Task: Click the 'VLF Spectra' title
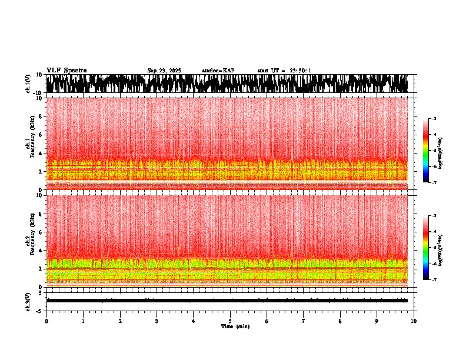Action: pyautogui.click(x=66, y=70)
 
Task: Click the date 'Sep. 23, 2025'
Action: pyautogui.click(x=164, y=71)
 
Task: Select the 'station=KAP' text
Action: pyautogui.click(x=218, y=71)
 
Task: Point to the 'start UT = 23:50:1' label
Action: pyautogui.click(x=284, y=71)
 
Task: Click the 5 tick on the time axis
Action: pyautogui.click(x=230, y=321)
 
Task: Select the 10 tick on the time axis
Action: pyautogui.click(x=414, y=321)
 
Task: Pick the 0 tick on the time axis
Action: pyautogui.click(x=46, y=321)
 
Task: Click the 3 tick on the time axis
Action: pyautogui.click(x=157, y=321)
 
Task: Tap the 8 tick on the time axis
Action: pyautogui.click(x=340, y=321)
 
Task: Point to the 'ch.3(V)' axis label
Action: pyautogui.click(x=28, y=301)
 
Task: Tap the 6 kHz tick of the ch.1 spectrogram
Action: pyautogui.click(x=41, y=135)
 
